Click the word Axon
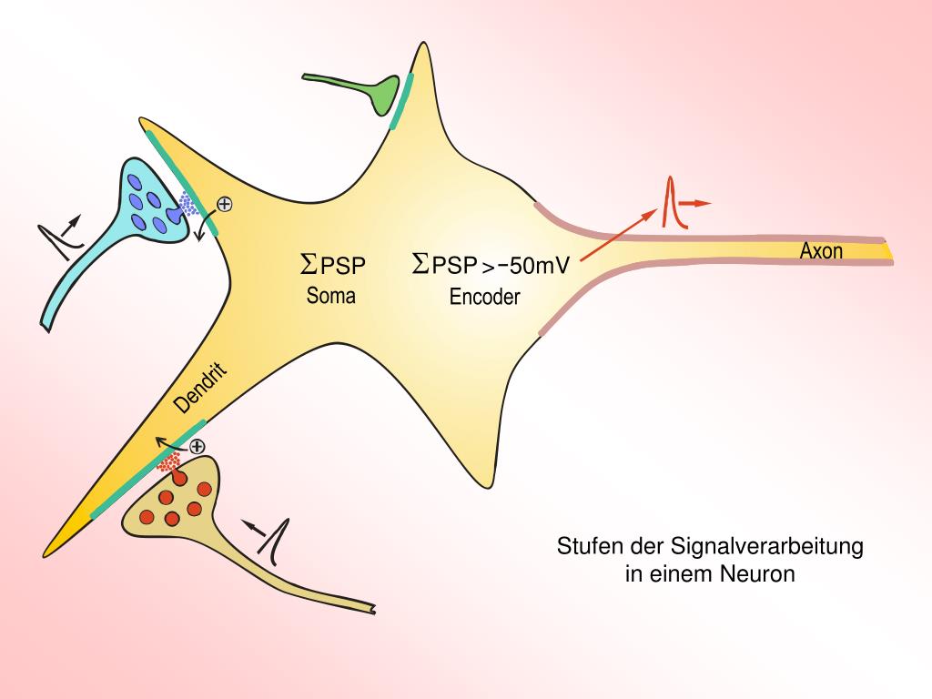coord(821,250)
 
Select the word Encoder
coord(484,296)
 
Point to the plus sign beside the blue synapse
coord(224,205)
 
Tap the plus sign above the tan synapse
coord(196,446)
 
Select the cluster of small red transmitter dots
coord(169,463)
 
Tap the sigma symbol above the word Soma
coord(309,265)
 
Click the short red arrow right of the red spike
coord(696,204)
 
